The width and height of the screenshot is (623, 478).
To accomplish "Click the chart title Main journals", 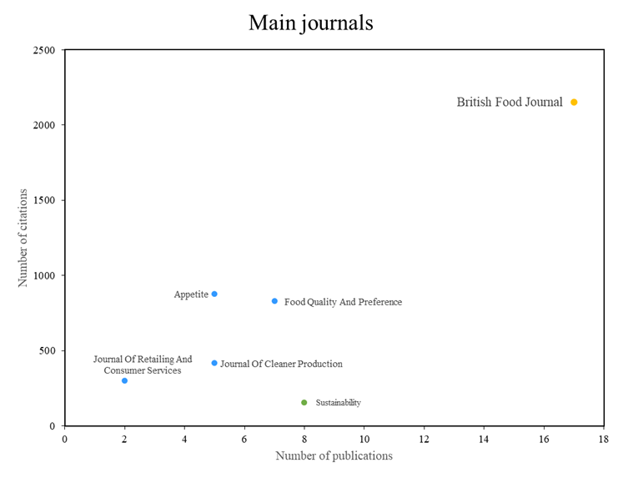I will (310, 23).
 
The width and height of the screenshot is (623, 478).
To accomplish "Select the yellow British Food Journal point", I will (574, 102).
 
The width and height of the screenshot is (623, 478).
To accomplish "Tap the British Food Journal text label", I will (510, 103).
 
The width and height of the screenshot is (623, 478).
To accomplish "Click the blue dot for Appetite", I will (214, 294).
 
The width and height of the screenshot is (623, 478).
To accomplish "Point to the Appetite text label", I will (191, 294).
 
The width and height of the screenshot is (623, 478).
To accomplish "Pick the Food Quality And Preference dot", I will (274, 301).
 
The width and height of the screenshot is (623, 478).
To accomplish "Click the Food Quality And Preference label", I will (343, 302).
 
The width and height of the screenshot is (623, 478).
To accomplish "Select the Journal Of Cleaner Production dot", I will (214, 363).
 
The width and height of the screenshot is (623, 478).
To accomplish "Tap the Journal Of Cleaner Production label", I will (281, 364).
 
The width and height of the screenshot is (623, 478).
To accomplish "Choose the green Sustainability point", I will (304, 402).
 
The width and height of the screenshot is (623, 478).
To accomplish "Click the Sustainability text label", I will (338, 403).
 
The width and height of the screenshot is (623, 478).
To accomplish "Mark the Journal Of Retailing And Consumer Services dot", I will (124, 380).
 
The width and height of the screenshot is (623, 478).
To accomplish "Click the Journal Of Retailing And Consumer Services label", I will (143, 365).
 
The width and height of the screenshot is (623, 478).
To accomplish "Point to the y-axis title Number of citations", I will (23, 238).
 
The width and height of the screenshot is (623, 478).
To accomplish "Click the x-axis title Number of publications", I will (334, 455).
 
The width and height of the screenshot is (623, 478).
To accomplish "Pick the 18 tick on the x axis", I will (604, 437).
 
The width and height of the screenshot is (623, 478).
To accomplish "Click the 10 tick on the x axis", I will (364, 437).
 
